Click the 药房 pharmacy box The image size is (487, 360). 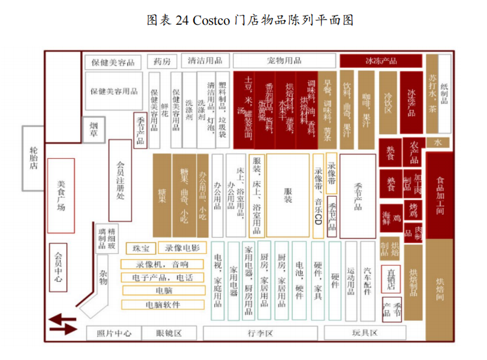(x=162, y=61)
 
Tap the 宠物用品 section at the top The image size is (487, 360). (x=284, y=61)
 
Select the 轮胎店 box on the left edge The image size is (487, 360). (x=34, y=158)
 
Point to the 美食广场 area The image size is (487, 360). (x=61, y=195)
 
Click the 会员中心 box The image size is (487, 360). (x=59, y=267)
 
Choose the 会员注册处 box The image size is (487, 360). (x=120, y=180)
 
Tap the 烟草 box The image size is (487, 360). (x=94, y=130)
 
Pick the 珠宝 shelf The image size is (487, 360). (x=141, y=248)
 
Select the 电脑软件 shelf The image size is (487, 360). (x=163, y=304)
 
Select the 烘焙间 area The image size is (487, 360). (x=439, y=290)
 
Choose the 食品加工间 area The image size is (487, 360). (x=440, y=195)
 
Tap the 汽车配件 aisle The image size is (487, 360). (x=367, y=281)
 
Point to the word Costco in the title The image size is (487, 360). (x=211, y=20)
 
